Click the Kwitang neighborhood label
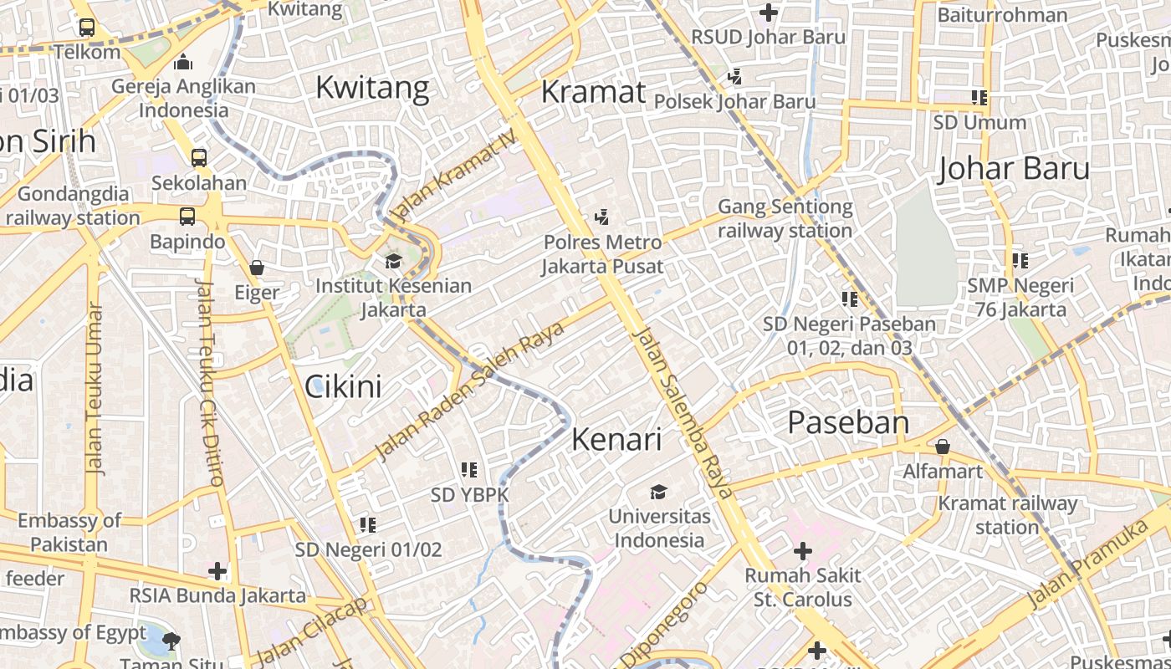(372, 87)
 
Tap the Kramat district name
(593, 92)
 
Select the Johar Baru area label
(1014, 169)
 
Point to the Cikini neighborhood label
(343, 386)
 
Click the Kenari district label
(616, 440)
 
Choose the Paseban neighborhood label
(848, 423)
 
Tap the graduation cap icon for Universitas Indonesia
(659, 492)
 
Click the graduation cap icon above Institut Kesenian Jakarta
(393, 262)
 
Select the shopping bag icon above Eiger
(257, 268)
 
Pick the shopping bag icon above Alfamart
(943, 447)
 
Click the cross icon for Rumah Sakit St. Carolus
(803, 551)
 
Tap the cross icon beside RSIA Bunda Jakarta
(217, 571)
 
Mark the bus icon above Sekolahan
(199, 157)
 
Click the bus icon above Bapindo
(187, 217)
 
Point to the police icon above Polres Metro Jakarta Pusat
(601, 217)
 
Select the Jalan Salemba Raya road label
(683, 413)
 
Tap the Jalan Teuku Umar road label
(95, 388)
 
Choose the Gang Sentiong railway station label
(785, 218)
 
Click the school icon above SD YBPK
(469, 470)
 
